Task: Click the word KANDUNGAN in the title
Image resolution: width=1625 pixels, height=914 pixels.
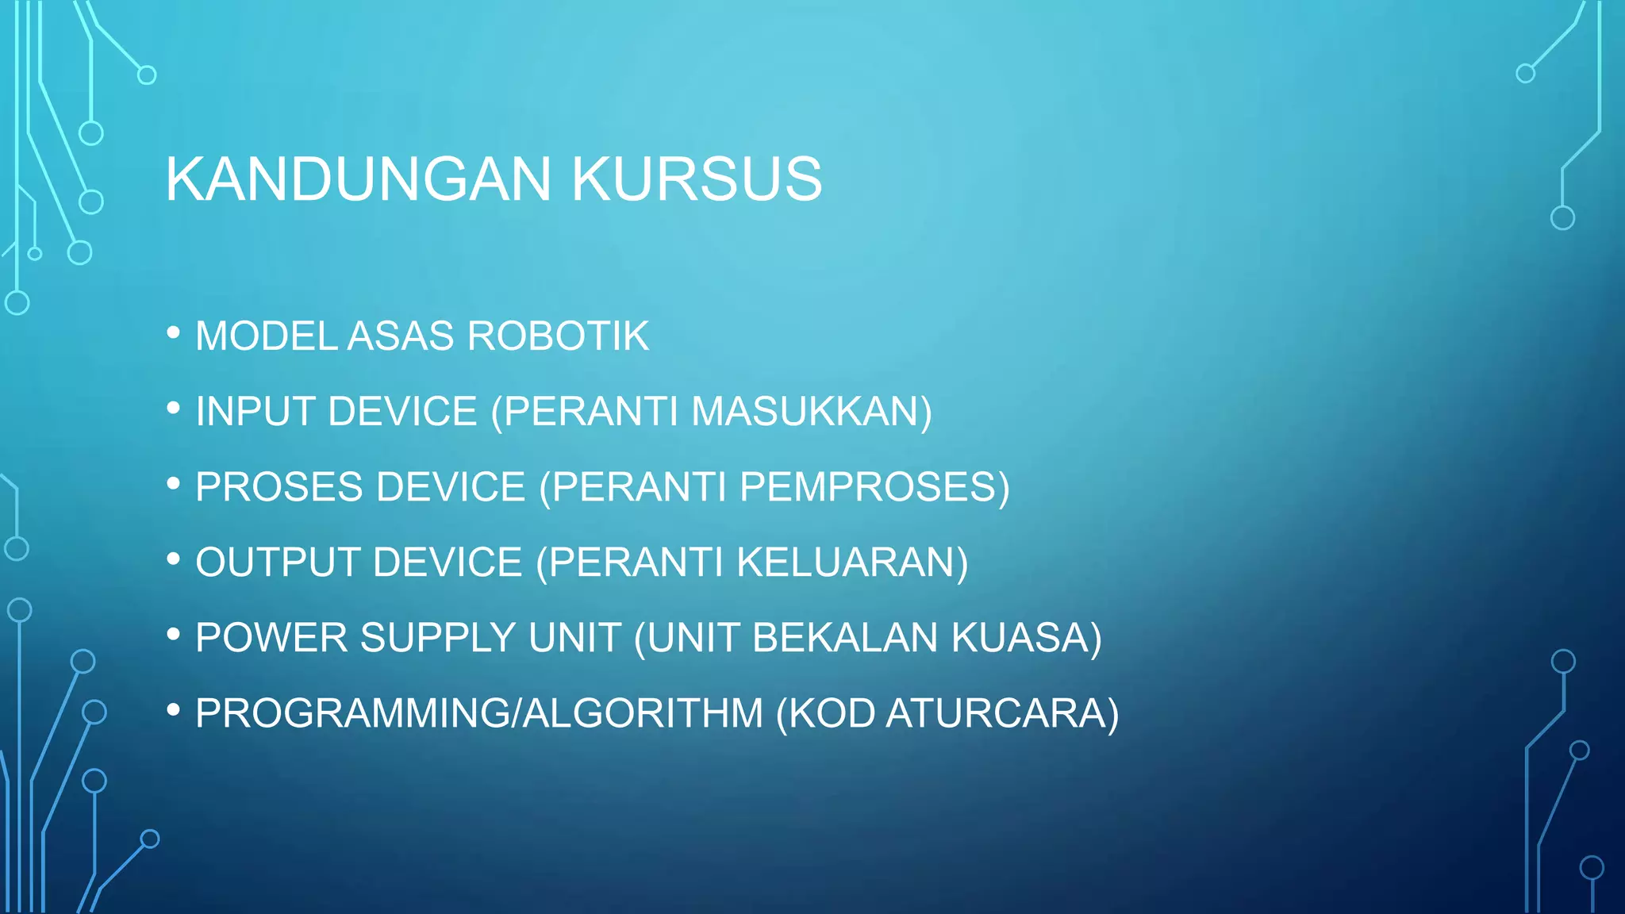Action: (x=358, y=179)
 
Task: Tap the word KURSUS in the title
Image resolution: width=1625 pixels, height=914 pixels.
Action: (x=697, y=179)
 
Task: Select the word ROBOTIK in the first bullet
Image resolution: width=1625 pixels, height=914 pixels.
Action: (x=558, y=336)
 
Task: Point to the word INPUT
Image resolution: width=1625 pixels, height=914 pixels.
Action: (x=255, y=412)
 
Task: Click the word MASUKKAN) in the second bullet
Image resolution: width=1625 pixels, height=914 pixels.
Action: (x=811, y=412)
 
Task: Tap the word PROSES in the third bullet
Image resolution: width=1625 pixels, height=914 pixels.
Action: (x=281, y=487)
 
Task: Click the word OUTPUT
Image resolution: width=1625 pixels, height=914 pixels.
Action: (x=279, y=563)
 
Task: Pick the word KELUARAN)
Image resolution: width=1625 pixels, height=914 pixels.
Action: (x=852, y=563)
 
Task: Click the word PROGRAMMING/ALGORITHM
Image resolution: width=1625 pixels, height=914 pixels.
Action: (x=479, y=713)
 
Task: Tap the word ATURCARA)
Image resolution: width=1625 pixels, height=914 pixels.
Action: (x=1002, y=713)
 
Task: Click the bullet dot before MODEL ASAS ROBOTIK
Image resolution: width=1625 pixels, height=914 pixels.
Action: (x=174, y=333)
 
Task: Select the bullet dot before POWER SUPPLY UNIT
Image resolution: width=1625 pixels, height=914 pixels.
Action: (x=174, y=635)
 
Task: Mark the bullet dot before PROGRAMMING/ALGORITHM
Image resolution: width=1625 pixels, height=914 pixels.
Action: (x=174, y=710)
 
